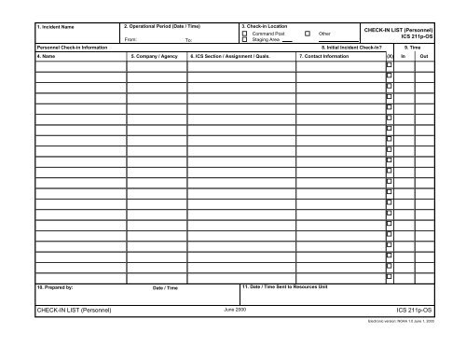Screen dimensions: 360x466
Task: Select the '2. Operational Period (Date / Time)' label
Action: click(x=162, y=26)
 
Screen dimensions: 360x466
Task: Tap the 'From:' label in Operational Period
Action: click(x=130, y=41)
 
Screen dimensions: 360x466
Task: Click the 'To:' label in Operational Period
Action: click(x=189, y=41)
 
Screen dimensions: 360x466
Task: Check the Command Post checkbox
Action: click(x=245, y=34)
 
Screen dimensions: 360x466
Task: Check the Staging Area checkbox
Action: click(x=245, y=40)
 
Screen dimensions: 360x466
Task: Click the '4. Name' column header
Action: click(x=46, y=56)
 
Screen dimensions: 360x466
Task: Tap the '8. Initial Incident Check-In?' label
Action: click(x=355, y=47)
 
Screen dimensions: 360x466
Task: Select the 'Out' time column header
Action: click(x=424, y=56)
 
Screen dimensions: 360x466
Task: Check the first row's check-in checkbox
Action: click(x=390, y=64)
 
